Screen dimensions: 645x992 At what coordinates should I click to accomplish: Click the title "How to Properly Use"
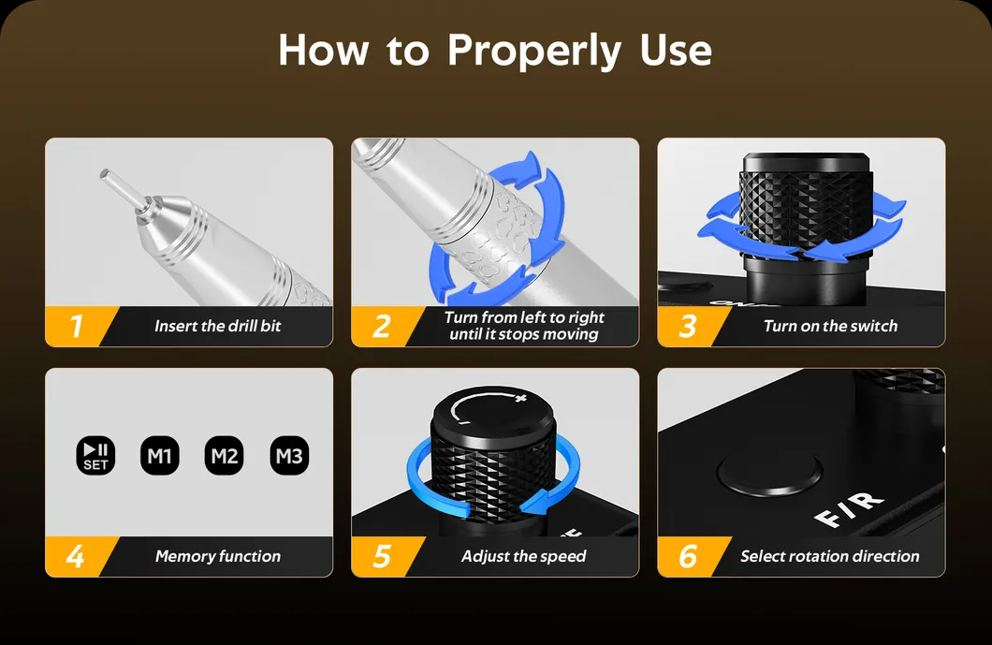click(x=495, y=50)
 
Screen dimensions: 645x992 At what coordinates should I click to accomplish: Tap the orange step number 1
click(x=76, y=326)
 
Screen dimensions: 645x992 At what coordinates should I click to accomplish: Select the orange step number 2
click(x=382, y=326)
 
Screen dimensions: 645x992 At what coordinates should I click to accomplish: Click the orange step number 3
click(x=688, y=326)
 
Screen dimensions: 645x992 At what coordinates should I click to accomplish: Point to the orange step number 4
click(x=76, y=556)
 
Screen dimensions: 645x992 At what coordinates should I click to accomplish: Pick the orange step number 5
click(x=382, y=556)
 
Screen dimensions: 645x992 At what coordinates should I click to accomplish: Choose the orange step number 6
click(x=688, y=556)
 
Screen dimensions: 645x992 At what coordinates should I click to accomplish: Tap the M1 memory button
click(x=159, y=456)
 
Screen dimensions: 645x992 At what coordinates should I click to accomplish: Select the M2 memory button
click(x=225, y=456)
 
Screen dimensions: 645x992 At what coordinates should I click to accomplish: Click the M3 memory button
click(x=289, y=456)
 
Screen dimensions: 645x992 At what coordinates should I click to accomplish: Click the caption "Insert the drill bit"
click(x=218, y=326)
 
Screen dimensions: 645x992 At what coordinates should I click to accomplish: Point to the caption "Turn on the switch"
click(x=830, y=326)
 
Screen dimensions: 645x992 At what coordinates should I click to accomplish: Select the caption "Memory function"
click(x=218, y=556)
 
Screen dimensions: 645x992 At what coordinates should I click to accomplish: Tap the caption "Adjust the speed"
click(x=524, y=556)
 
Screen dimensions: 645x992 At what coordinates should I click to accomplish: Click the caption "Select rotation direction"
click(x=830, y=556)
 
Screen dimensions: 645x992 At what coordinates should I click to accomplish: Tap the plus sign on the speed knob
click(x=520, y=400)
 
